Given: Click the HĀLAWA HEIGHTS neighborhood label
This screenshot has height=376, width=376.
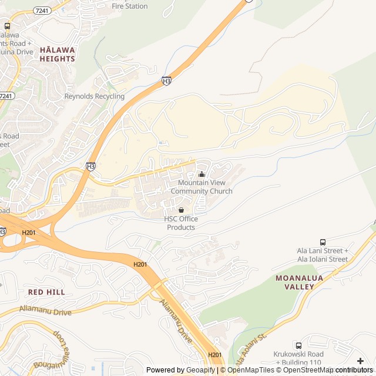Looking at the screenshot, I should coord(57,55).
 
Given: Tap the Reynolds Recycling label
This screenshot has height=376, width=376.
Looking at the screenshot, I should coord(94,96).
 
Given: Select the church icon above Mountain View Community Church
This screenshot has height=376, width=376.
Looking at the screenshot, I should coord(202,174).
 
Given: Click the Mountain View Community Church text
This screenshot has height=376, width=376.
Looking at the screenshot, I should coord(202,187).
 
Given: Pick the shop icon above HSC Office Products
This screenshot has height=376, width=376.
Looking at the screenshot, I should coord(181,210).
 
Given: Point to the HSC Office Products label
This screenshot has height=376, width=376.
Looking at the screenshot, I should coord(181,223).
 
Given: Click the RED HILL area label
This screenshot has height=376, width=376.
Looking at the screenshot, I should coord(46,292).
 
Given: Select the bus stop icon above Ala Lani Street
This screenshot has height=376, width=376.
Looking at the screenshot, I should coord(323,242).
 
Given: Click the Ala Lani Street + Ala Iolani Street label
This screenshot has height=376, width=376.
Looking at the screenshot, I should coord(322,255).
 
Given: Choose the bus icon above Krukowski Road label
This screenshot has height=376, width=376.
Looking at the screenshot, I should coord(298,345).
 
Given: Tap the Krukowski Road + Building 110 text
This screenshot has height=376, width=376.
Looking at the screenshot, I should coord(298,358).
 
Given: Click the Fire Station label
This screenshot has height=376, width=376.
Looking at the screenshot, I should coord(130,6).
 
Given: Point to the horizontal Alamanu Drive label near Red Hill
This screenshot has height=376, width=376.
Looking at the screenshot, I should coord(46,310).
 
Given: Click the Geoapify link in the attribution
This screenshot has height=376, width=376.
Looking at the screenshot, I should coord(202,370).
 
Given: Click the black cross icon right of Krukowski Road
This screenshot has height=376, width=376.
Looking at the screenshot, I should coord(360,360).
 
